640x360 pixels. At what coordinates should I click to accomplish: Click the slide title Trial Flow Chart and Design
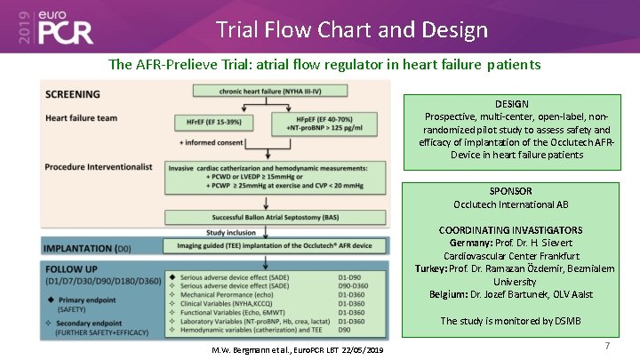(352, 29)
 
